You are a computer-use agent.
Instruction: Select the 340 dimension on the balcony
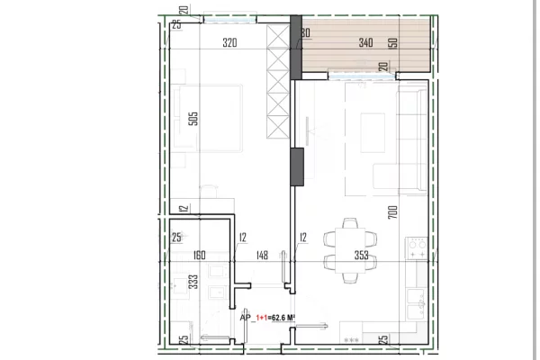[x=340, y=41]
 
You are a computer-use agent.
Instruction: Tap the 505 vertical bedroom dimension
[x=193, y=120]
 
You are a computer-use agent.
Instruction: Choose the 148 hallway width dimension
[x=260, y=255]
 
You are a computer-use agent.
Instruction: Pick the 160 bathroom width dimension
[x=200, y=255]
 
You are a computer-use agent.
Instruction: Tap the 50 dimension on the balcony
[x=392, y=42]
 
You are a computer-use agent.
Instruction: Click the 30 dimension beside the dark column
[x=306, y=32]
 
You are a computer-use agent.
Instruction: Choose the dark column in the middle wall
[x=297, y=166]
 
